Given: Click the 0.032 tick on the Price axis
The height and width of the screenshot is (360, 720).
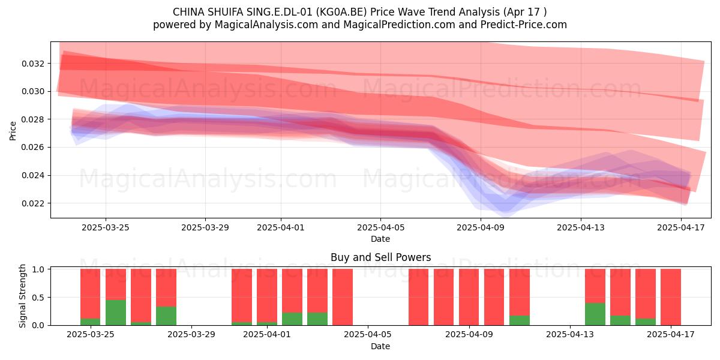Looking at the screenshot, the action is (x=33, y=64).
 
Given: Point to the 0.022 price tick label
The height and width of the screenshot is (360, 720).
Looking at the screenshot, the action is (x=33, y=203).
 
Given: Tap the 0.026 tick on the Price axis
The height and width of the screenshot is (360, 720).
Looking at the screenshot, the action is (x=33, y=148).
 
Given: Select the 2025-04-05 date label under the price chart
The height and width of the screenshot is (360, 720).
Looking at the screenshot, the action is (x=380, y=227).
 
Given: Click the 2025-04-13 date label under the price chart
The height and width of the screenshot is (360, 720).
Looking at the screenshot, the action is (x=581, y=227).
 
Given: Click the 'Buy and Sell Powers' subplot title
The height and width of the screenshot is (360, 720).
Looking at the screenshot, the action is (x=380, y=257).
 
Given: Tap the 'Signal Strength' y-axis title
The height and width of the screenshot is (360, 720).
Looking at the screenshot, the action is (x=22, y=296).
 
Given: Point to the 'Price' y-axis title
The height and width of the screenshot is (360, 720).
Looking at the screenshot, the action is (x=13, y=131).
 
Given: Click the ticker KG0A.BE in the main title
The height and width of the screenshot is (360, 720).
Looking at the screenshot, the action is (x=341, y=12).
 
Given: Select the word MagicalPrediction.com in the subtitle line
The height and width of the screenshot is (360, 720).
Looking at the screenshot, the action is (x=399, y=25).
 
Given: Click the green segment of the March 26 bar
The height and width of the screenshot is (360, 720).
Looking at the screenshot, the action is (x=116, y=313).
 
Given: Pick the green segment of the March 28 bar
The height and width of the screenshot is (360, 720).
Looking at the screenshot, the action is (x=166, y=316).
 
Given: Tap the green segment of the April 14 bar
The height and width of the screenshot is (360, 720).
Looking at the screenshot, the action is (x=595, y=314).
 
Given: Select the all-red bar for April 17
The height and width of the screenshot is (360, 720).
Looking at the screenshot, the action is (x=671, y=297).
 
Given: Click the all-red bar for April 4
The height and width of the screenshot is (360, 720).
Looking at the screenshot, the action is (x=343, y=297).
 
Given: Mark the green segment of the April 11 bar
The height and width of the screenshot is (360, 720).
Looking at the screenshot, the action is (x=520, y=320).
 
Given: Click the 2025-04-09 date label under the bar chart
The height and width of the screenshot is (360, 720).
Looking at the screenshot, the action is (x=469, y=335).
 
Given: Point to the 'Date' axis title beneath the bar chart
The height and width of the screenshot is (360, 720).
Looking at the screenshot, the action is (x=380, y=347).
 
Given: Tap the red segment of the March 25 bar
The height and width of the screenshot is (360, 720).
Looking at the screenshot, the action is (x=91, y=294).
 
